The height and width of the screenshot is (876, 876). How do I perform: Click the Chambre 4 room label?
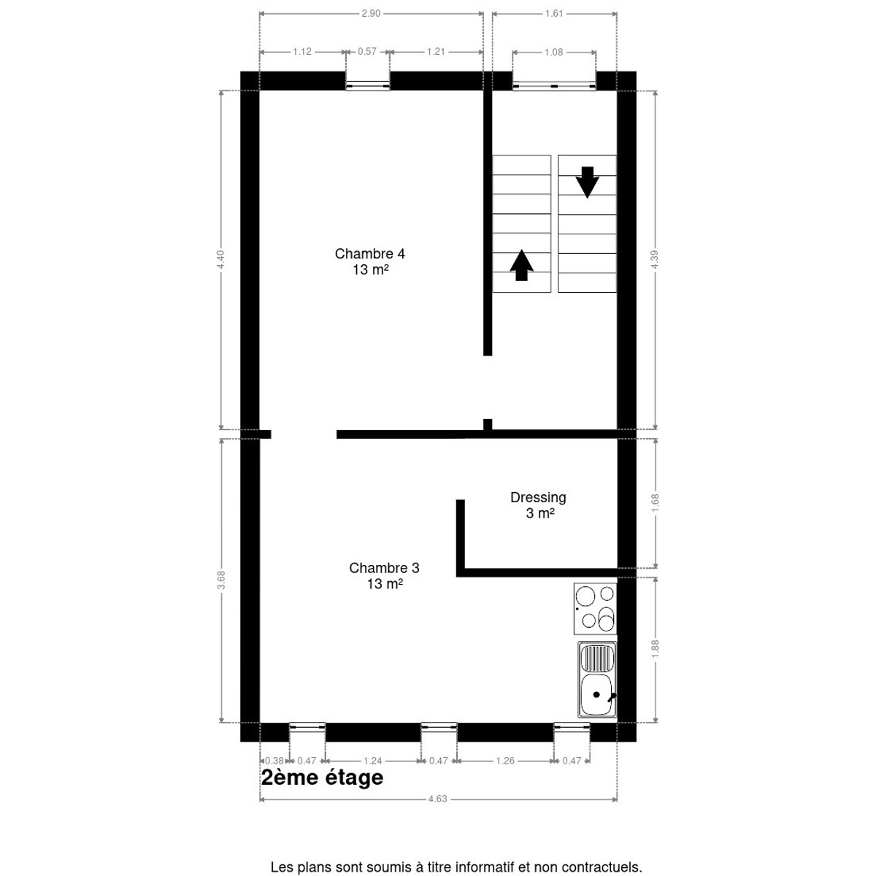369,261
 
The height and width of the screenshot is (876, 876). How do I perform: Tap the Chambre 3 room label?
384,575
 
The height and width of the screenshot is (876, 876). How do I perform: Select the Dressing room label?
538,505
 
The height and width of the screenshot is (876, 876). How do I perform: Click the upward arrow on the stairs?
521,265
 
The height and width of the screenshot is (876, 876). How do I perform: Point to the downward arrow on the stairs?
588,182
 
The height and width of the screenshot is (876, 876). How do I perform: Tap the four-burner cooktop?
595,608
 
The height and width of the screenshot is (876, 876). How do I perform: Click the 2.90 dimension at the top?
371,13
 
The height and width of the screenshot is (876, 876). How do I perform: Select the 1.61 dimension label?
554,13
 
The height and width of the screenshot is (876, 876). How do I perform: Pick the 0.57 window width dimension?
367,51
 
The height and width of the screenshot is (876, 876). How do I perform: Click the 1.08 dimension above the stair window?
553,52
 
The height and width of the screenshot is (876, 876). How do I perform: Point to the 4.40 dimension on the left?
220,260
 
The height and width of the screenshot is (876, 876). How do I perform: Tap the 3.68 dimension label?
221,580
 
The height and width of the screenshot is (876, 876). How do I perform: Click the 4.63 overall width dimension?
438,799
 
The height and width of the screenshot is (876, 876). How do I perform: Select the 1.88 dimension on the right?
655,649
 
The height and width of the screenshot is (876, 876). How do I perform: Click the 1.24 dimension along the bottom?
373,761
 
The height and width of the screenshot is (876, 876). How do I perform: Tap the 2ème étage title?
323,777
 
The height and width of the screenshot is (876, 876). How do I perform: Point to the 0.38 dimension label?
274,761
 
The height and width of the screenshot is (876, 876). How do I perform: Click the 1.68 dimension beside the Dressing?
655,503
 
